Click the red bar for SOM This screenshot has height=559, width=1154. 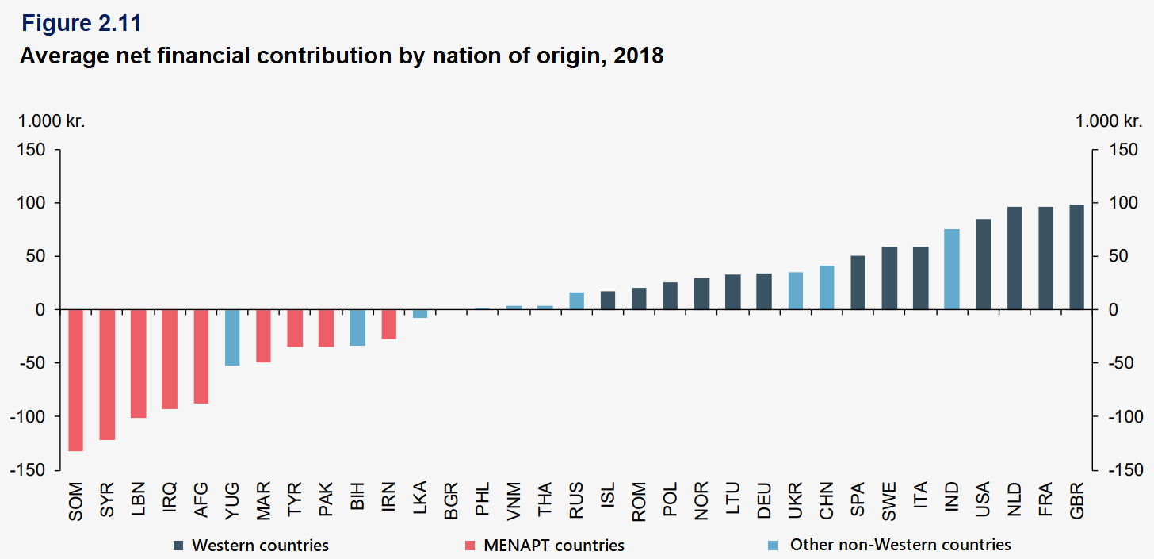[x=75, y=380]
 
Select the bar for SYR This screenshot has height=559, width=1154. [x=107, y=374]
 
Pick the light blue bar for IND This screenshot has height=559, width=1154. [x=952, y=270]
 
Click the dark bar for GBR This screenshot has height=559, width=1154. [x=1076, y=257]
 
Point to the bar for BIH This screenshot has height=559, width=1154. [x=357, y=327]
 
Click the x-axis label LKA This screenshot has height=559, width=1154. [x=421, y=500]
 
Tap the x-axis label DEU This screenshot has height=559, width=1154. [x=764, y=500]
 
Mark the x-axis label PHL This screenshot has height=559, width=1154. [x=483, y=500]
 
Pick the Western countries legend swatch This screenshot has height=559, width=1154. [x=180, y=546]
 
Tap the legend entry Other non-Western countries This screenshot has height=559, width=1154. [x=900, y=545]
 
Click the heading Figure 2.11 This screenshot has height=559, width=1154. [x=81, y=24]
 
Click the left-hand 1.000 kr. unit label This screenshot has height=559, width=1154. [x=52, y=122]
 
